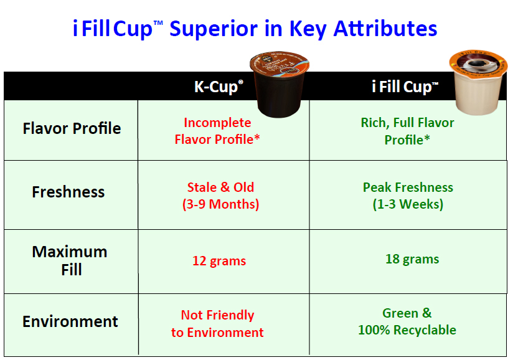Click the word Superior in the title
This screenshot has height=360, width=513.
(x=214, y=29)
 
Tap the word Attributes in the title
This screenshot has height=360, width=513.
(x=385, y=29)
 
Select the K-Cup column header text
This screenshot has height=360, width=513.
(x=219, y=87)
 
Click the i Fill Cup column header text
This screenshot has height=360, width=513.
(x=405, y=87)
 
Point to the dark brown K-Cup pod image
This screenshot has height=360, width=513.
(x=279, y=84)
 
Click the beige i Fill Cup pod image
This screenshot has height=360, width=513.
(x=478, y=82)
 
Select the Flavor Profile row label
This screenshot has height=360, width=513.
(x=72, y=128)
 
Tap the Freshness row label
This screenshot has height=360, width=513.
(x=68, y=192)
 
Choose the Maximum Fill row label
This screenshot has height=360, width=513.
(x=70, y=260)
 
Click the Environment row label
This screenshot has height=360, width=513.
(x=70, y=321)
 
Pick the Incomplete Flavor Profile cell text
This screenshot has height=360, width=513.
(x=217, y=131)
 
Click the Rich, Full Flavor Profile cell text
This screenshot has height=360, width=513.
(x=407, y=131)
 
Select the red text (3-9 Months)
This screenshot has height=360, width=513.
(x=220, y=204)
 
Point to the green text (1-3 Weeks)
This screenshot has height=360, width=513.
(x=408, y=204)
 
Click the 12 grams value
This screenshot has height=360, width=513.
(x=219, y=261)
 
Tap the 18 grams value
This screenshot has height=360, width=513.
(x=412, y=259)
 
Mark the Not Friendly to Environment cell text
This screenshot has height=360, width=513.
(x=217, y=323)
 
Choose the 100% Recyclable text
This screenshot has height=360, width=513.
(x=407, y=330)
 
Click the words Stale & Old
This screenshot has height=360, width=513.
(x=220, y=187)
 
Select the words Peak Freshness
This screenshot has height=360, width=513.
(x=408, y=187)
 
